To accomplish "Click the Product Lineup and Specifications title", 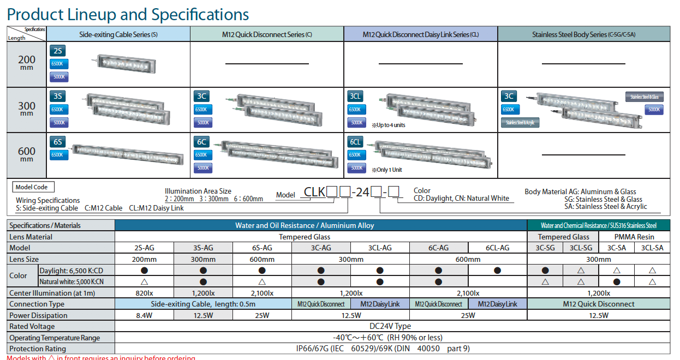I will pyautogui.click(x=128, y=14).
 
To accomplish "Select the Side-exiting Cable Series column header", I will pyautogui.click(x=118, y=34).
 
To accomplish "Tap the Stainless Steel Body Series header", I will pyautogui.click(x=583, y=34).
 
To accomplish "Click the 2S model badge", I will pyautogui.click(x=57, y=51).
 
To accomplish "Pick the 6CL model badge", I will pyautogui.click(x=355, y=142).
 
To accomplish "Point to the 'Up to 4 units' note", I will pyautogui.click(x=388, y=125).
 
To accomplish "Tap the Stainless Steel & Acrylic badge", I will pyautogui.click(x=520, y=123).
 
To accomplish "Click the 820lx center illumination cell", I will pyautogui.click(x=144, y=293).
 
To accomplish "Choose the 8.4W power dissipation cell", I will pyautogui.click(x=144, y=315).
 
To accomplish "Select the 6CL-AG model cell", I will pyautogui.click(x=497, y=248).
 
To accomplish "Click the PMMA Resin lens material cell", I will pyautogui.click(x=634, y=237).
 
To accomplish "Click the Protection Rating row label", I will pyautogui.click(x=38, y=349).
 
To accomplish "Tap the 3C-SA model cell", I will pyautogui.click(x=616, y=248).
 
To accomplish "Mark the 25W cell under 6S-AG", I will pyautogui.click(x=262, y=315).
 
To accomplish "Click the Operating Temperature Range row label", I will pyautogui.click(x=55, y=338).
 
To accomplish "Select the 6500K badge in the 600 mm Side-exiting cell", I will pyautogui.click(x=59, y=155).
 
